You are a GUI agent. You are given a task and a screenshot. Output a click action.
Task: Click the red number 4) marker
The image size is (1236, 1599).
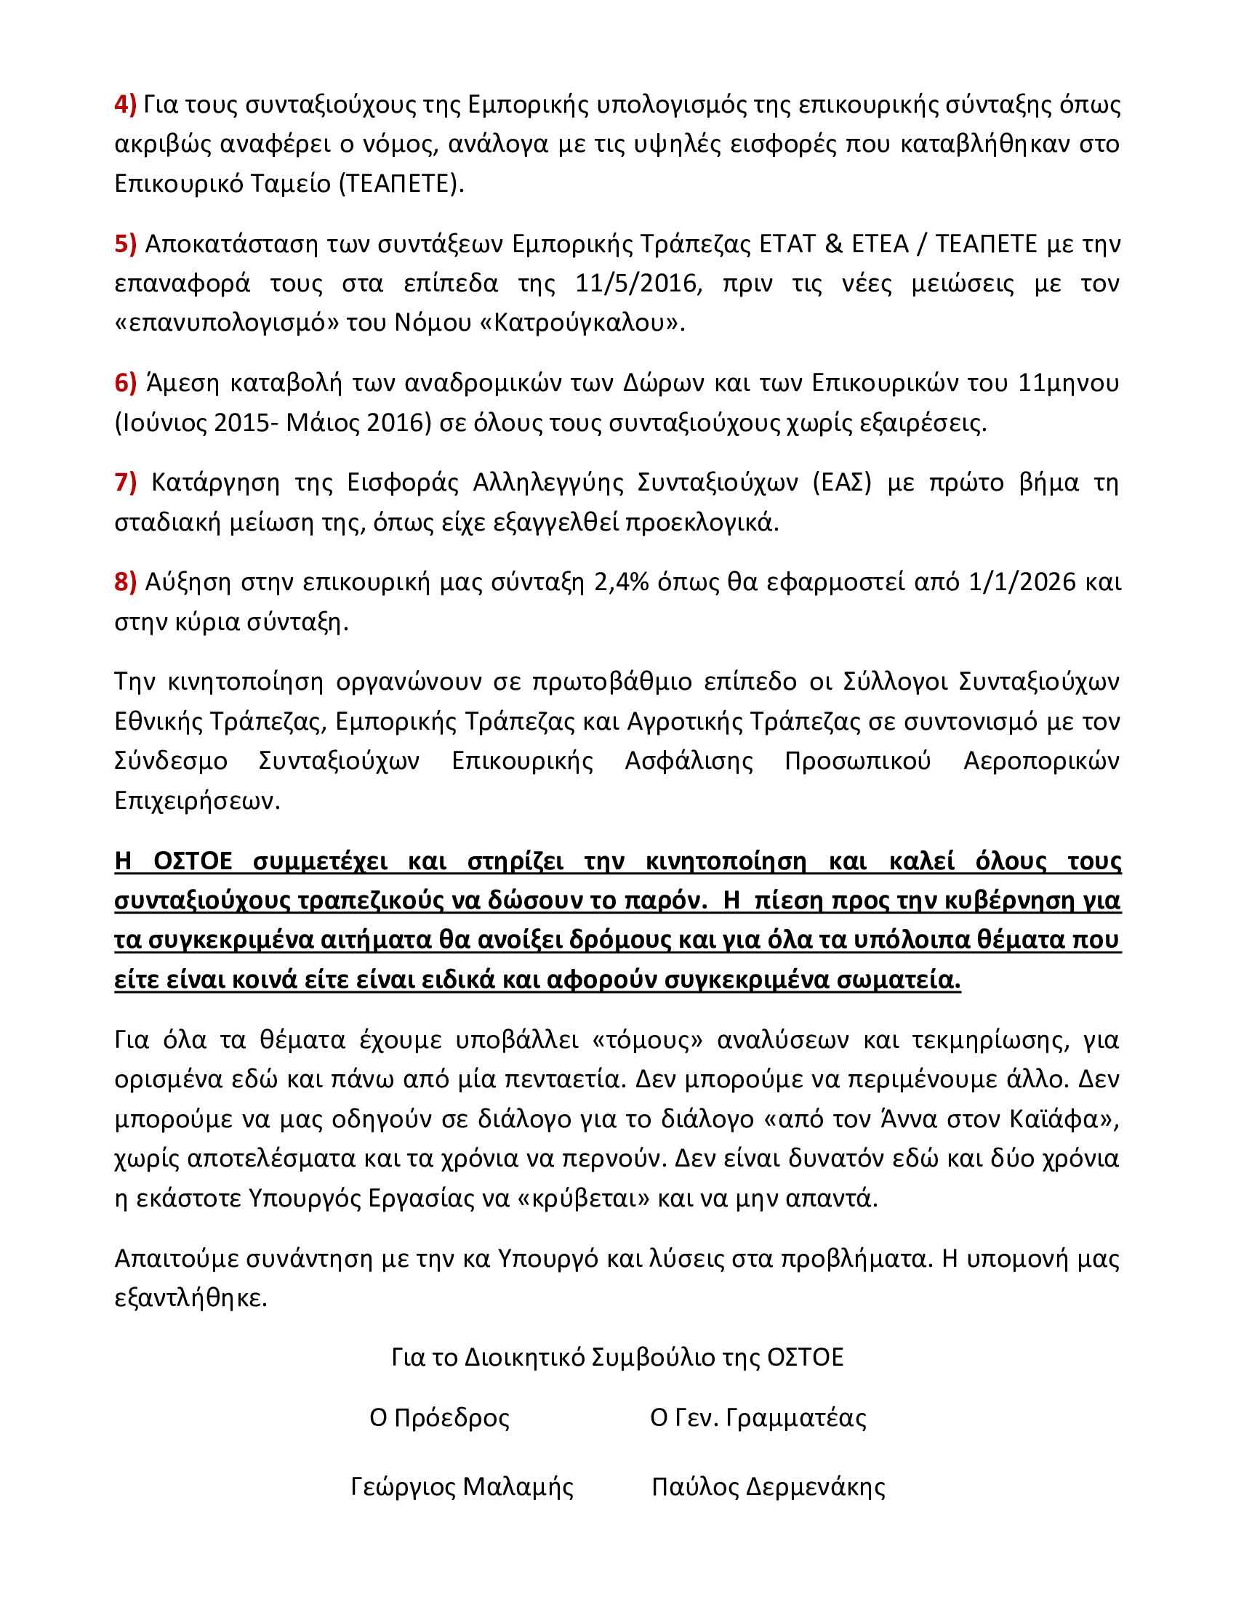(x=125, y=105)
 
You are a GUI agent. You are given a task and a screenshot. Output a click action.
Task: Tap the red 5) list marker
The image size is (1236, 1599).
(x=125, y=243)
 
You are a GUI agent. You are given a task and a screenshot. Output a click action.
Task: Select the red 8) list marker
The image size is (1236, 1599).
(x=125, y=582)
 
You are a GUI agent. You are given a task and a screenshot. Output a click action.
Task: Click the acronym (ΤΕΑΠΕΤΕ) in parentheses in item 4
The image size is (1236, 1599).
(x=401, y=183)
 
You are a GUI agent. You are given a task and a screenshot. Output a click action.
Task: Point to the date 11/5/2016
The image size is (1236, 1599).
(x=638, y=283)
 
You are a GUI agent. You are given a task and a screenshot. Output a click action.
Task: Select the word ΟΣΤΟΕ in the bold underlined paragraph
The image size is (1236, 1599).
(x=193, y=861)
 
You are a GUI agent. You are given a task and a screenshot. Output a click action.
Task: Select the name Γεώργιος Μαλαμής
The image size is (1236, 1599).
(x=462, y=1487)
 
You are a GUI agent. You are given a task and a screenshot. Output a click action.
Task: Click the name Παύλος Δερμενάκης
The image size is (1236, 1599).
(x=768, y=1487)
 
